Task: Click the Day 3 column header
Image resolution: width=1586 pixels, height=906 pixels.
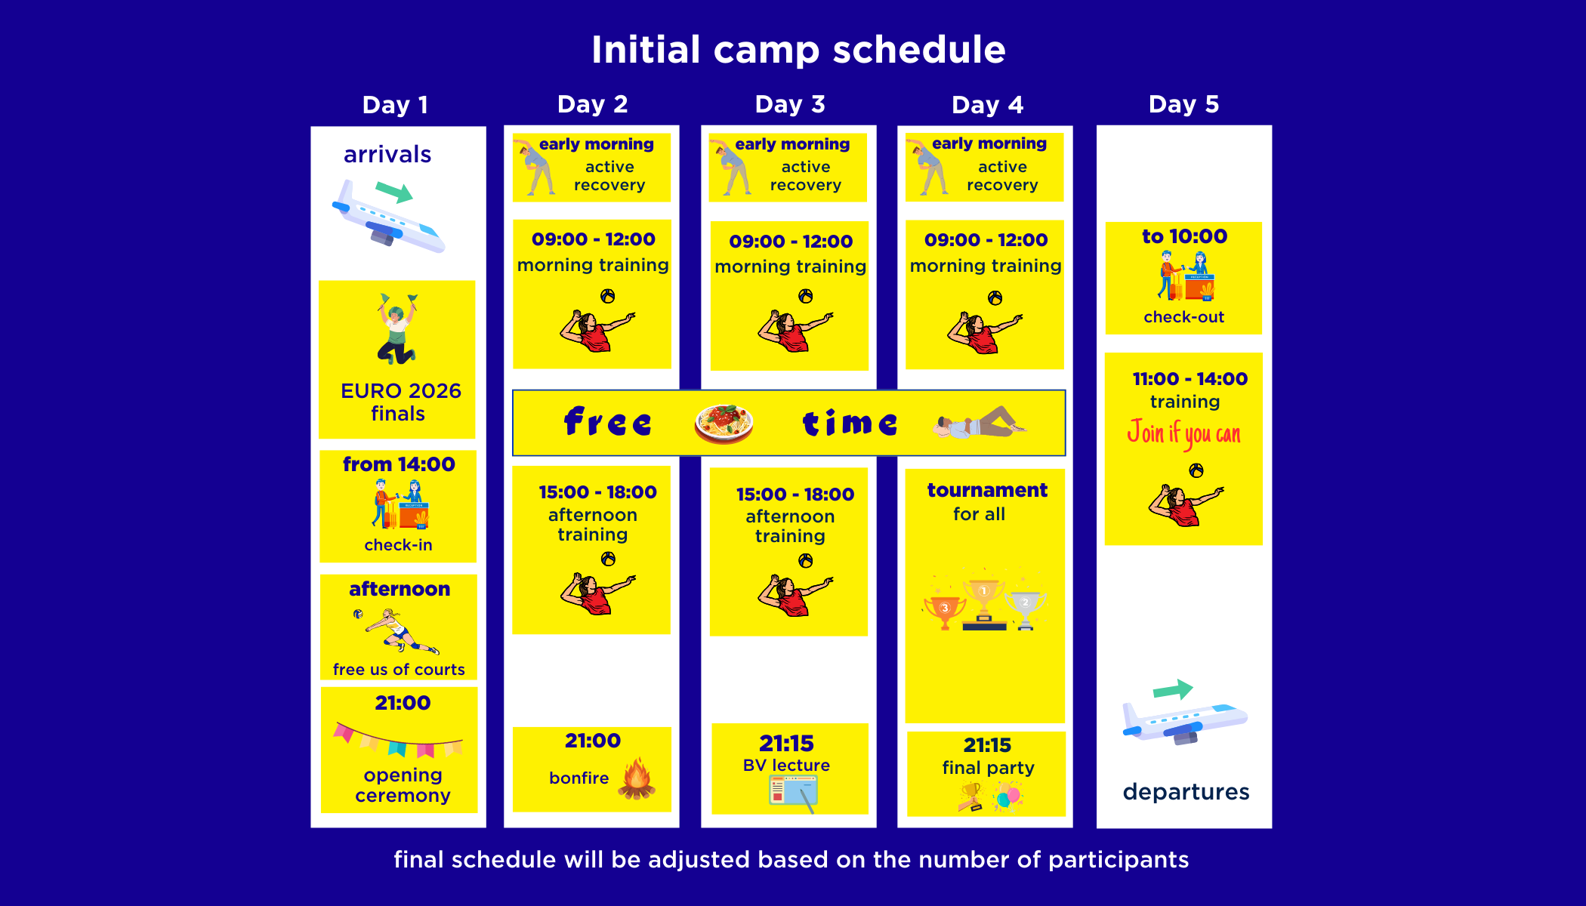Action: tap(790, 104)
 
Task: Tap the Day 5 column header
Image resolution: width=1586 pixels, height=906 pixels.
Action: tap(1183, 104)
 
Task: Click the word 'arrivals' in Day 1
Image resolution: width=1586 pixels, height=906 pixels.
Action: tap(387, 154)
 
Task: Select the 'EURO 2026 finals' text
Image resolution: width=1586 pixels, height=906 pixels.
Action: tap(400, 402)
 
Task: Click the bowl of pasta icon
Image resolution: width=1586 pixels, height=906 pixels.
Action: tap(724, 424)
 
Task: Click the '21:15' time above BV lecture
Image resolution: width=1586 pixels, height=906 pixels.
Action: tap(786, 744)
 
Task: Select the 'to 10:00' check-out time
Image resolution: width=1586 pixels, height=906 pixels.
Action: tap(1184, 236)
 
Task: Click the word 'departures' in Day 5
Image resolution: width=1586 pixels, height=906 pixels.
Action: tap(1186, 791)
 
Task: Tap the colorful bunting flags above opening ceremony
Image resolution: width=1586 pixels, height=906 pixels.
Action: tap(398, 740)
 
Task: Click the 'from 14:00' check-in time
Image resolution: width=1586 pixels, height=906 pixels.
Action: tap(399, 464)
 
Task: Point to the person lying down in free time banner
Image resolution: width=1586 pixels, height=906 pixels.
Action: tap(979, 424)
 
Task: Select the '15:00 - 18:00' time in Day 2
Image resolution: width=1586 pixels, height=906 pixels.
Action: tap(597, 492)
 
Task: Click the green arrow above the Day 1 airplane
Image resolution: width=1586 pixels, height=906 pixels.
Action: tap(394, 192)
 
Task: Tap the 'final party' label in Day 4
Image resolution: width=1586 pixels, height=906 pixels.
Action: tap(988, 768)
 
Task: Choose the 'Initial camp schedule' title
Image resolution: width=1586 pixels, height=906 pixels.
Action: tap(798, 50)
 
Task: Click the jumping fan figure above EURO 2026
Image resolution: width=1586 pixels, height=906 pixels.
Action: tap(397, 328)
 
